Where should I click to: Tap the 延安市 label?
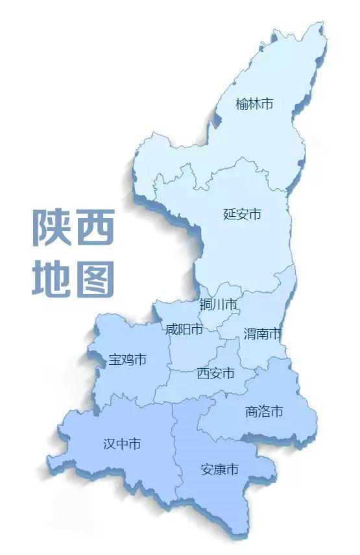click(242, 214)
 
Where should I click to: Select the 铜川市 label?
click(218, 304)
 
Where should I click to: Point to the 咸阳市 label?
click(184, 329)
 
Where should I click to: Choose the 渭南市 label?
click(263, 334)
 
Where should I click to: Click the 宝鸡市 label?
click(128, 359)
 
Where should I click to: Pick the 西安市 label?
click(215, 374)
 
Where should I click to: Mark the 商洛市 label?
click(265, 412)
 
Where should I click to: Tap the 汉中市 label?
click(122, 444)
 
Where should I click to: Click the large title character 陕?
click(50, 228)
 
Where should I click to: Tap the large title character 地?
click(50, 279)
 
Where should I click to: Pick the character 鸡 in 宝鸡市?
click(128, 359)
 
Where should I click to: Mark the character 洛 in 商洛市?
click(265, 412)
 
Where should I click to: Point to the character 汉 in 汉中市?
click(110, 444)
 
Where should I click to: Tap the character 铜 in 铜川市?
click(206, 304)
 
